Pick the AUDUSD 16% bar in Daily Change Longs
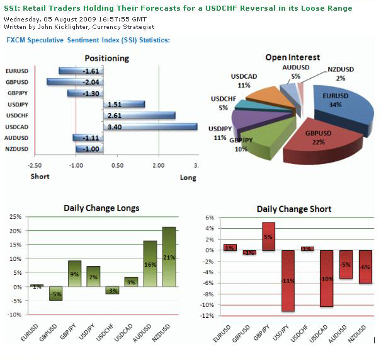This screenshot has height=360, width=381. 150,264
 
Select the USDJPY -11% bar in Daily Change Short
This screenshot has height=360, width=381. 288,281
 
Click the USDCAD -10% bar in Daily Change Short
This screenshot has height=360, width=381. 327,278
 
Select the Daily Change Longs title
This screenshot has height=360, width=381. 101,207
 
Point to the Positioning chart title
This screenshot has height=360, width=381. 106,58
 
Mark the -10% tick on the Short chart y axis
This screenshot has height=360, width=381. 207,305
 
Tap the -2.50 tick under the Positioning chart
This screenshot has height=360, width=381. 36,165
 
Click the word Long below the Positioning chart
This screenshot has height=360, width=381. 188,178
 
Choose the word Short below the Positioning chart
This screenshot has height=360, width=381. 40,177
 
